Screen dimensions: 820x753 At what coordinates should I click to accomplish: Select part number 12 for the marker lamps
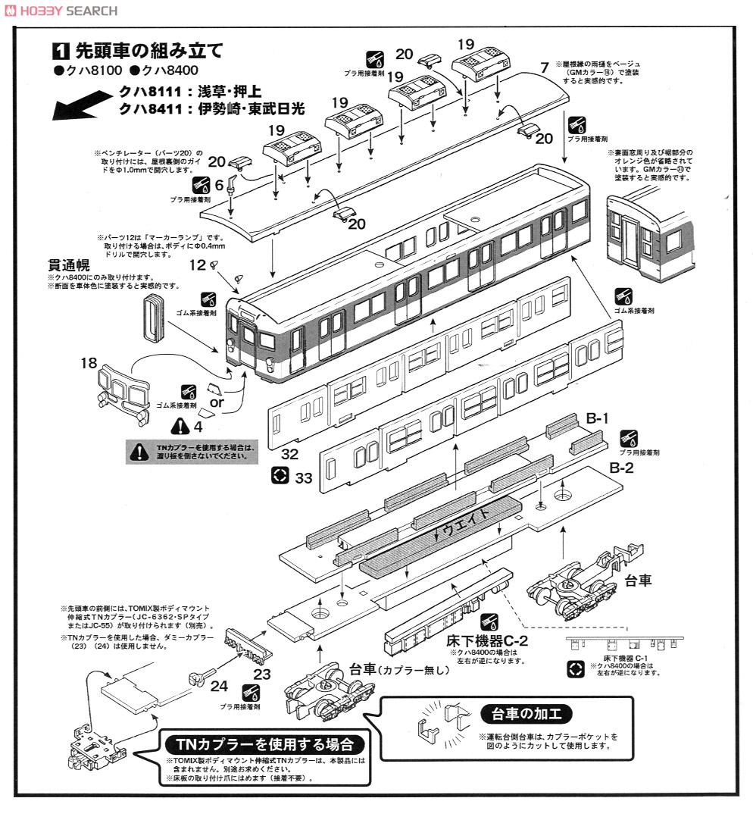click(x=198, y=265)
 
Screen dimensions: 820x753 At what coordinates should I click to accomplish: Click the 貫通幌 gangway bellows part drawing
click(x=153, y=319)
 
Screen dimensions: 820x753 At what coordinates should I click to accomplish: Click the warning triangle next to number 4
click(x=180, y=427)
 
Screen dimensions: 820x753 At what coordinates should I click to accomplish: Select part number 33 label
click(x=304, y=477)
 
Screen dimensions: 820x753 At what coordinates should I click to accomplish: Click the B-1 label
click(x=598, y=419)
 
